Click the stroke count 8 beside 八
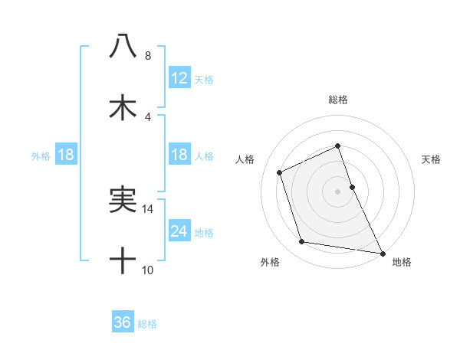click(147, 56)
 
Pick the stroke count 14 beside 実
click(148, 208)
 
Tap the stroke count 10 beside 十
click(148, 270)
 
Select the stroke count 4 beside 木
click(147, 117)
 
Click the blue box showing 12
click(179, 77)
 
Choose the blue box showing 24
click(179, 231)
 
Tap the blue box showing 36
click(123, 322)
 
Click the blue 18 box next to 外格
click(65, 155)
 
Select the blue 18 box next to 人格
click(179, 155)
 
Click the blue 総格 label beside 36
click(147, 324)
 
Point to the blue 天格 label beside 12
click(204, 79)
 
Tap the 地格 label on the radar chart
click(402, 263)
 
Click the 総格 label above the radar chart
click(338, 100)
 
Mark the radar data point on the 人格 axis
click(281, 172)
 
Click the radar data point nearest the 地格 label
click(382, 252)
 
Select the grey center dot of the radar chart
click(338, 191)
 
